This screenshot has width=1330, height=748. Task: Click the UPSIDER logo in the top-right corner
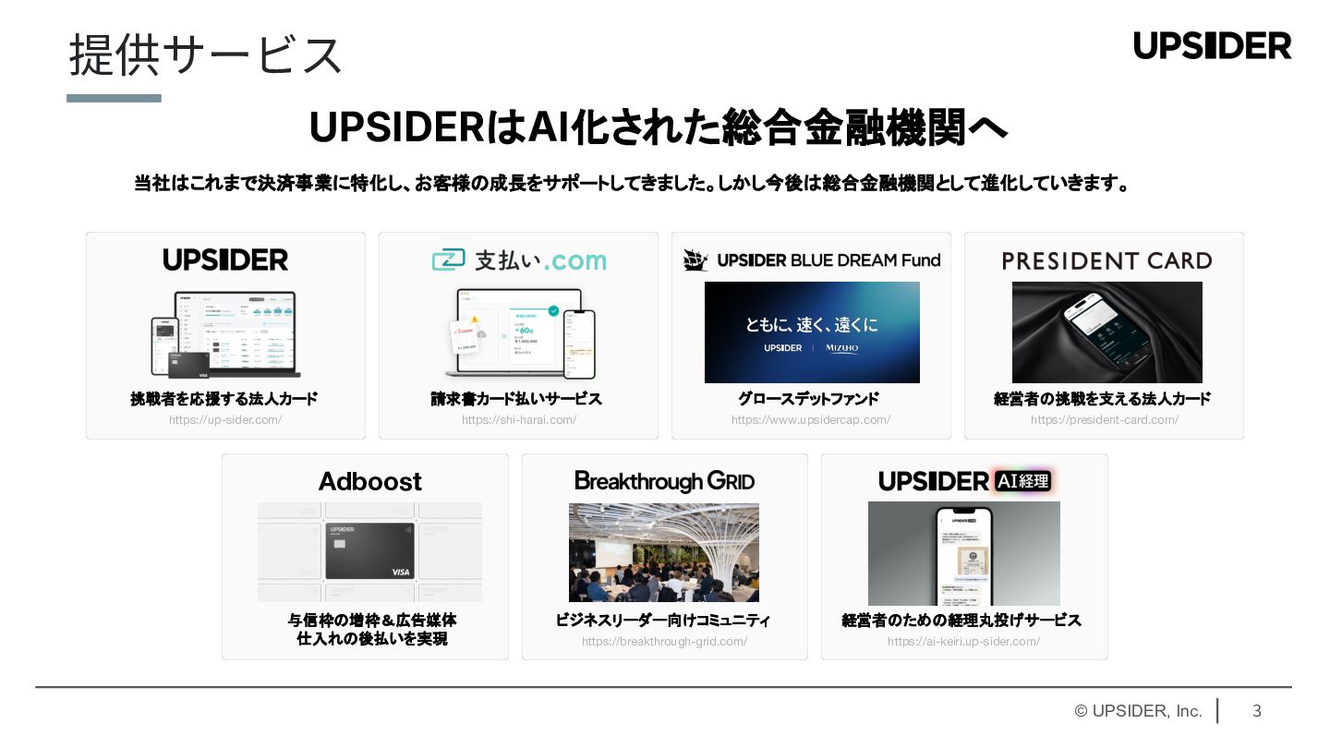[1212, 45]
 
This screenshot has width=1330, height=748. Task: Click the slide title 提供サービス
[205, 54]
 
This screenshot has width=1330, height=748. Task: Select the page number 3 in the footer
[1256, 711]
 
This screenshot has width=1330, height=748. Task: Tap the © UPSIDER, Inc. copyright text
[1138, 711]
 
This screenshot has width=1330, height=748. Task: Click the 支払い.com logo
[518, 260]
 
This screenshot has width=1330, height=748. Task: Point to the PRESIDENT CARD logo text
[1106, 261]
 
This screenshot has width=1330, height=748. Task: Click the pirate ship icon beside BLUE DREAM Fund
[695, 260]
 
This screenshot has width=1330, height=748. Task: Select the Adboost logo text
[369, 481]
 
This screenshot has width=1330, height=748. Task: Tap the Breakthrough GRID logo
[664, 481]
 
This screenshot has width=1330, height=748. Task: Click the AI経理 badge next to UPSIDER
[1022, 481]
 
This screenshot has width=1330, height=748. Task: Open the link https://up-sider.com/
[225, 420]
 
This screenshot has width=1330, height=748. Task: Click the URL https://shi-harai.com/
[519, 420]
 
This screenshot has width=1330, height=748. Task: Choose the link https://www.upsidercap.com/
[811, 420]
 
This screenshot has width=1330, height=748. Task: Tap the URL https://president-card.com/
[1105, 420]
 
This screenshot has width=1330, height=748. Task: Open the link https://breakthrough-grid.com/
[664, 642]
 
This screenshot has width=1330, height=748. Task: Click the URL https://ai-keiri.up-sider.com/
[963, 642]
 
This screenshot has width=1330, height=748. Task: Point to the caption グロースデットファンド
[808, 399]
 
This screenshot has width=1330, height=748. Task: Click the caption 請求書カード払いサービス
[516, 399]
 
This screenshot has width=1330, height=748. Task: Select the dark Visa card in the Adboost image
[369, 551]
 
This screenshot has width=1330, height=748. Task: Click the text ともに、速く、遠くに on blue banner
[812, 324]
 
